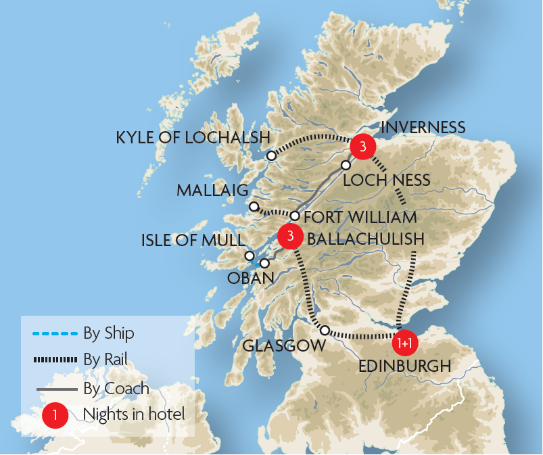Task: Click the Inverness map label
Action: [423, 127]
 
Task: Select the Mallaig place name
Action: [212, 190]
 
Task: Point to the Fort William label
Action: [360, 218]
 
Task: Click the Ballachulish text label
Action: [365, 239]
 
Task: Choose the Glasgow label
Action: [283, 345]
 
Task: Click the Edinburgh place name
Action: [404, 366]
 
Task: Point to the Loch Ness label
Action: [386, 180]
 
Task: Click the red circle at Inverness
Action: [363, 146]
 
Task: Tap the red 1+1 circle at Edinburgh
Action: [405, 343]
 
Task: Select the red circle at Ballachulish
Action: [290, 236]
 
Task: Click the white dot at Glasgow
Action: [325, 331]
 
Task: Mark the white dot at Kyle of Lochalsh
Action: [271, 156]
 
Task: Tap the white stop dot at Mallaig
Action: [254, 206]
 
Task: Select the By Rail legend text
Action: [105, 360]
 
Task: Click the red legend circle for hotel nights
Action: [55, 414]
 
